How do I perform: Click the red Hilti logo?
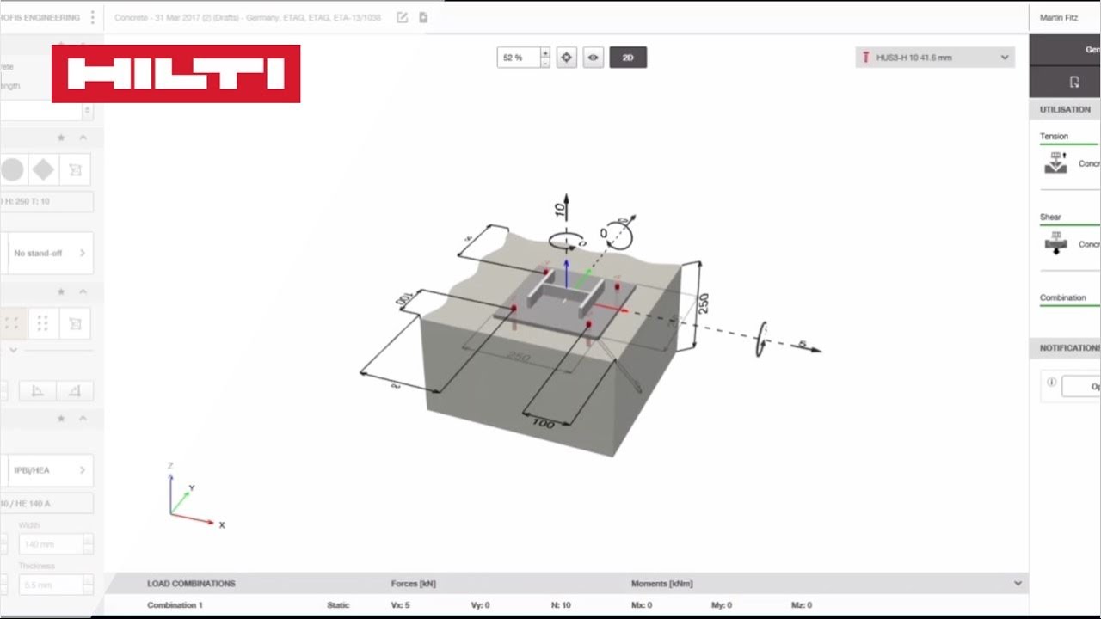click(175, 74)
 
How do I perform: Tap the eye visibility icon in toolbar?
click(593, 58)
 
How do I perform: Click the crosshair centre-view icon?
click(566, 58)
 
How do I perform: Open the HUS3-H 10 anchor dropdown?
click(935, 58)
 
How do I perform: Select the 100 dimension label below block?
click(544, 424)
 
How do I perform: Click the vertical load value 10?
click(560, 208)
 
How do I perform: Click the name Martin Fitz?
click(1058, 17)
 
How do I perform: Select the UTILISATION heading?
click(1065, 109)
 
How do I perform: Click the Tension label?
click(1054, 136)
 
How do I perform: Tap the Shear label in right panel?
click(1050, 217)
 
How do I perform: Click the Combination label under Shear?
click(1062, 297)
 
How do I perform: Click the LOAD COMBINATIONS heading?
click(191, 583)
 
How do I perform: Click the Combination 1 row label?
click(175, 605)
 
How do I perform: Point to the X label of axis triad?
click(222, 524)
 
